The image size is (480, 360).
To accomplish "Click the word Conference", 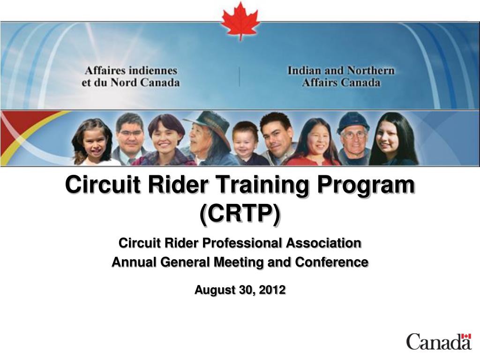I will (x=331, y=262).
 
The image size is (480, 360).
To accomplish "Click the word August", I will (x=214, y=290).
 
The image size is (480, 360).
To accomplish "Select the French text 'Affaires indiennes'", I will (x=131, y=71).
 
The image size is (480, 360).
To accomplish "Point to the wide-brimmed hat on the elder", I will (x=209, y=120).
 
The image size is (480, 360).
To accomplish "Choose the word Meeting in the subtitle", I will (x=240, y=262).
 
